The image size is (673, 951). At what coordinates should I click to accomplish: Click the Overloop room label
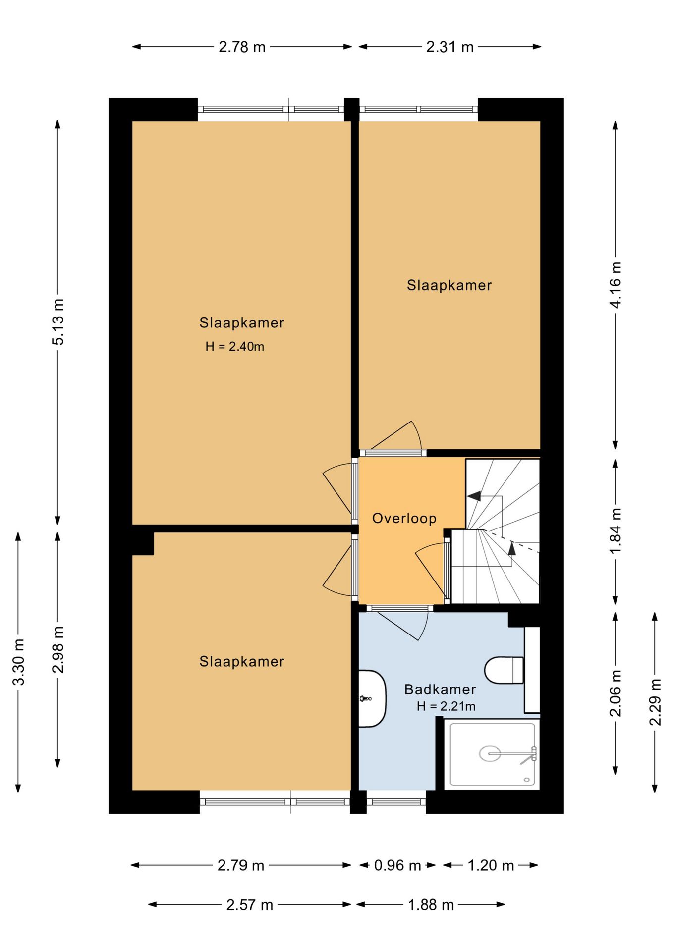[x=404, y=518]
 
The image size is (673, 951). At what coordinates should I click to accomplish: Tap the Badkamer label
[x=440, y=689]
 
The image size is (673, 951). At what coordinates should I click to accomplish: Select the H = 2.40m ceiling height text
[x=235, y=347]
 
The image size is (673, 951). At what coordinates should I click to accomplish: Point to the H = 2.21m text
[x=446, y=706]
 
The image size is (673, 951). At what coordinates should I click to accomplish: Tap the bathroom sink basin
[x=372, y=698]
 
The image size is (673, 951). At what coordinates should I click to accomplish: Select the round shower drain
[x=490, y=754]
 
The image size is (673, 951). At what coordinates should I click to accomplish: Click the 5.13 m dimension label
[x=58, y=322]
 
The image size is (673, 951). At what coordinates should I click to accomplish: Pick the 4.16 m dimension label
[x=615, y=285]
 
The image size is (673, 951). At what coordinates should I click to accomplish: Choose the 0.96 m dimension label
[x=397, y=865]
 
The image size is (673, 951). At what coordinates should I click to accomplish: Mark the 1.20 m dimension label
[x=491, y=865]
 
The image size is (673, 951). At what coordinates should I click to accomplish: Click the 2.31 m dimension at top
[x=450, y=47]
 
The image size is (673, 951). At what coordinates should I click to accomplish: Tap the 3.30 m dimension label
[x=18, y=662]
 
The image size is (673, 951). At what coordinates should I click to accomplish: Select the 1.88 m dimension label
[x=431, y=905]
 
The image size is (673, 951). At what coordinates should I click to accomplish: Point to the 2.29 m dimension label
[x=655, y=702]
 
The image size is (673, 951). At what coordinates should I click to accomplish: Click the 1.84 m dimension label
[x=615, y=531]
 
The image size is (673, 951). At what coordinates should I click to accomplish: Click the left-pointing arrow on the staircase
[x=474, y=496]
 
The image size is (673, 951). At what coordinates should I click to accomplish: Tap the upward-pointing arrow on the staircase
[x=512, y=548]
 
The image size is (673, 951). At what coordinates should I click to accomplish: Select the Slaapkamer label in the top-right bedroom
[x=449, y=285]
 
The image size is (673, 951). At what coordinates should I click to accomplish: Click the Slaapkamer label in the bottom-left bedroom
[x=242, y=661]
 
